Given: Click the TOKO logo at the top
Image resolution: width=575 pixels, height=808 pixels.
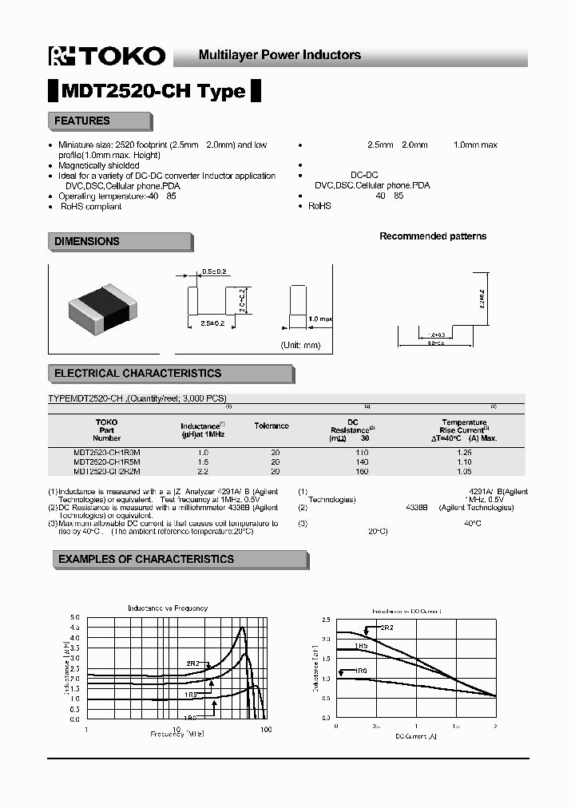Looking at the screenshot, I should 107,55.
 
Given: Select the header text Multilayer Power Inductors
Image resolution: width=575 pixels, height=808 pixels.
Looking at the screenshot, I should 280,55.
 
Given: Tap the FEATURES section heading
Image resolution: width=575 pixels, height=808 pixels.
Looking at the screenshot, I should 82,121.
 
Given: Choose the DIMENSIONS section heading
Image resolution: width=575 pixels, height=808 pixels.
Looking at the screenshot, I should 87,241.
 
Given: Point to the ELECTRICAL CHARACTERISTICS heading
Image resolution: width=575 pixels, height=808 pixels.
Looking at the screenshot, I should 137,374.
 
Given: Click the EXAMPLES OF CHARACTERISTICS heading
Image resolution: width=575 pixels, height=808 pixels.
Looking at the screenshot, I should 146,560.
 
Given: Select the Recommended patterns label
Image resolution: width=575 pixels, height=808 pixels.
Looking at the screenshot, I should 432,236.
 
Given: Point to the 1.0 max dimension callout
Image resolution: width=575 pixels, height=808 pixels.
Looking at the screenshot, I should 319,319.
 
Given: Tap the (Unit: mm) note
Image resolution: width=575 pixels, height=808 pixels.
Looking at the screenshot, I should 300,345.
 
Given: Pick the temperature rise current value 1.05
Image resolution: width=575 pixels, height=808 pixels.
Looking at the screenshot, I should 464,471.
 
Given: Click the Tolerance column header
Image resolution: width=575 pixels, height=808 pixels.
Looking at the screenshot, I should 272,426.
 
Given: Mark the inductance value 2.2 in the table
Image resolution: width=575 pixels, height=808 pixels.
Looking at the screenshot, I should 202,471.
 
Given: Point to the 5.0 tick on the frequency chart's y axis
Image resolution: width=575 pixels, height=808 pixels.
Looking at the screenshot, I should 75,617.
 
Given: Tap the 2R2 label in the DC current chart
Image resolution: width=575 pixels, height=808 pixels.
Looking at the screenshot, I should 386,628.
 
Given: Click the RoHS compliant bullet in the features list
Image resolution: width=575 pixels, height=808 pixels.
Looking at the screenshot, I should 91,206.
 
